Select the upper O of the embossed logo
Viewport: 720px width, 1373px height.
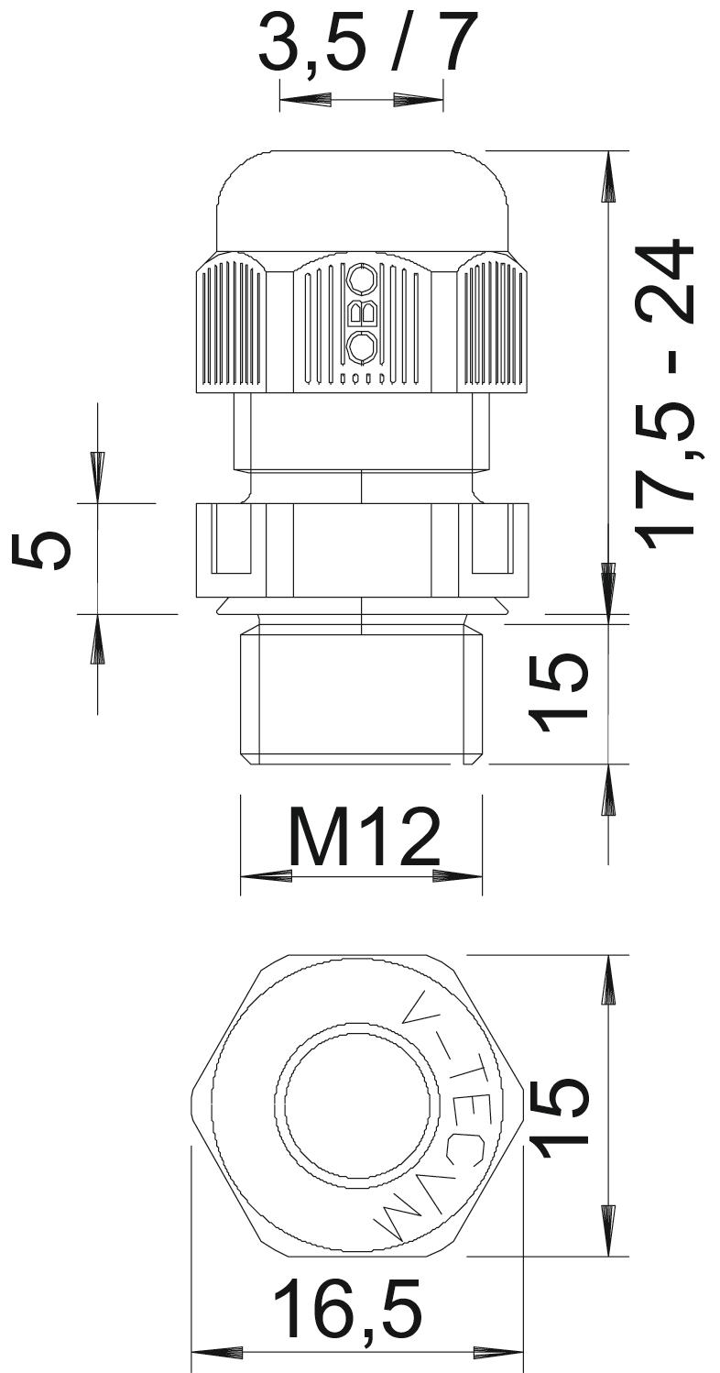(362, 279)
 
